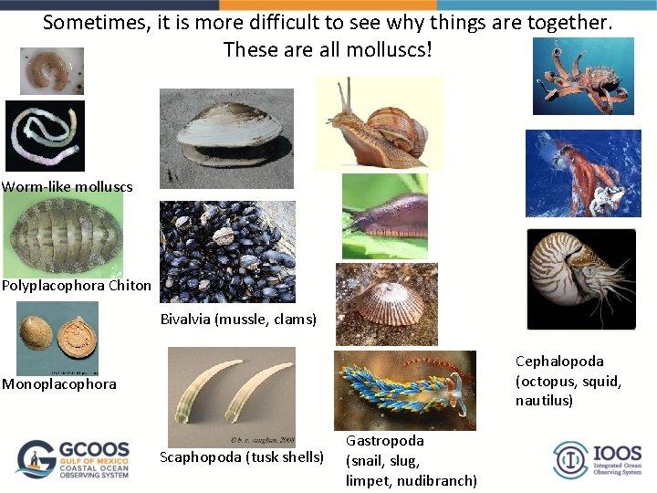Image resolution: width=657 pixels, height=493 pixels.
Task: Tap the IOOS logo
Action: pyautogui.click(x=597, y=459)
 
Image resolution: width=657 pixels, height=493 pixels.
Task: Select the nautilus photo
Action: pyautogui.click(x=580, y=278)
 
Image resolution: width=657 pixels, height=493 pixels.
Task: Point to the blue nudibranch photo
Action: pyautogui.click(x=404, y=390)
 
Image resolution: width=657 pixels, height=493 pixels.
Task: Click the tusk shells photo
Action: pyautogui.click(x=231, y=397)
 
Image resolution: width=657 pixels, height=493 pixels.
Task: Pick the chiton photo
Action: pyautogui.click(x=63, y=234)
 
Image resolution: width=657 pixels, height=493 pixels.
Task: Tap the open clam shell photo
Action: pyautogui.click(x=226, y=138)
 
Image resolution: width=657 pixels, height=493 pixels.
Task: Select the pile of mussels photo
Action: pyautogui.click(x=227, y=252)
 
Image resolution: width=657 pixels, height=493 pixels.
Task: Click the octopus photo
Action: pyautogui.click(x=583, y=77)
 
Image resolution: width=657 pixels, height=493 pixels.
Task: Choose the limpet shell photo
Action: pyautogui.click(x=386, y=304)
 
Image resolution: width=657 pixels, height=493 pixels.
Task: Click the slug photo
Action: pyautogui.click(x=384, y=216)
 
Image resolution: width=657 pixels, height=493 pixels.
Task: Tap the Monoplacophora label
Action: pyautogui.click(x=59, y=384)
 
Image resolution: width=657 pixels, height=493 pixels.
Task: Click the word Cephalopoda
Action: pyautogui.click(x=559, y=362)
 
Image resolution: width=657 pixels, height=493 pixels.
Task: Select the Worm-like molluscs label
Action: pyautogui.click(x=68, y=187)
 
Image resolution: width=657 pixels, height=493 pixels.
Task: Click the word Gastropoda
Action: pyautogui.click(x=384, y=441)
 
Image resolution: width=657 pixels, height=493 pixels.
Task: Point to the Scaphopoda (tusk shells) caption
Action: pyautogui.click(x=242, y=456)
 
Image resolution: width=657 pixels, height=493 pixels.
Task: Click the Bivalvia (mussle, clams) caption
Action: pyautogui.click(x=238, y=320)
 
